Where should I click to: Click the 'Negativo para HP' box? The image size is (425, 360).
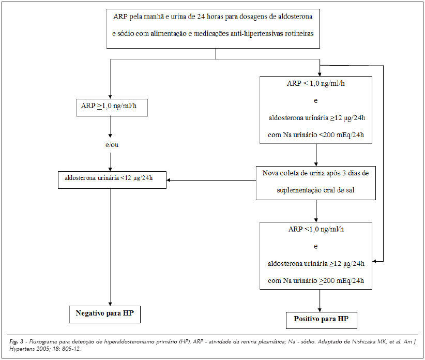tap(105, 314)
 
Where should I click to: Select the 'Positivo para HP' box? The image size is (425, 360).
tap(322, 320)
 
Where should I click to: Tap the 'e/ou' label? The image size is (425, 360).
tap(112, 145)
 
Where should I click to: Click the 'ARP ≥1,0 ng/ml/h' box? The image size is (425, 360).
tap(112, 108)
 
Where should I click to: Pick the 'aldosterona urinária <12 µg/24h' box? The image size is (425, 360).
tap(112, 179)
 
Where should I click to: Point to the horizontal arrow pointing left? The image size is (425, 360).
tap(211, 180)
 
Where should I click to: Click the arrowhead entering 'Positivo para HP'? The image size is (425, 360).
tap(320, 310)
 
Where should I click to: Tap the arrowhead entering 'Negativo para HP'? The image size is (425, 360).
tap(110, 304)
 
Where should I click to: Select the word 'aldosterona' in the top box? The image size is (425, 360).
tap(295, 16)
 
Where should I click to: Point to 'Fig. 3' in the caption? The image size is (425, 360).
tap(16, 341)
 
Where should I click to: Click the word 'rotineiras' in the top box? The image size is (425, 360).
tap(299, 33)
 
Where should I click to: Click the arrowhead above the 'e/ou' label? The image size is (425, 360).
tap(110, 136)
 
